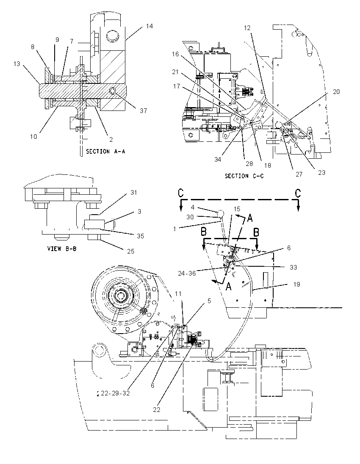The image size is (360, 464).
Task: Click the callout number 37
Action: tap(143, 110)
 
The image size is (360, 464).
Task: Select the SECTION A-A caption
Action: tap(105, 152)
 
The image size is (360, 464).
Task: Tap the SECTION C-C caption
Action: tap(244, 176)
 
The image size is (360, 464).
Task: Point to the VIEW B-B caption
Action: tap(62, 249)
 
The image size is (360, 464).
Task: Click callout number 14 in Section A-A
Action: tap(149, 26)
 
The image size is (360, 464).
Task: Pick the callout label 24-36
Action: tap(187, 273)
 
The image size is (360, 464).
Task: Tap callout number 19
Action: tap(296, 284)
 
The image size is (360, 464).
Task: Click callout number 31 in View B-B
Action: tap(134, 193)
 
